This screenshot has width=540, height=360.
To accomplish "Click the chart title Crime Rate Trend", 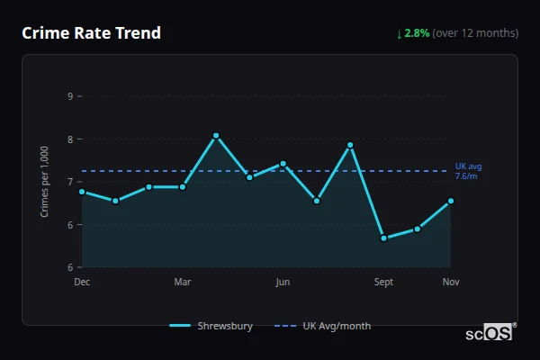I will (x=91, y=33).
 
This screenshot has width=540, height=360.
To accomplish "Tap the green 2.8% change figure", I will (x=418, y=33).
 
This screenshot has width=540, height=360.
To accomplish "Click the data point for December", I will (x=82, y=191).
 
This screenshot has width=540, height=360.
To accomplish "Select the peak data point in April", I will (x=216, y=135).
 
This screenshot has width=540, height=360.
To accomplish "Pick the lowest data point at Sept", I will (x=383, y=238).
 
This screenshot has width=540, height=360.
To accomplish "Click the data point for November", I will (x=451, y=201).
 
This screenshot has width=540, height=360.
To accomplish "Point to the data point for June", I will (x=283, y=164).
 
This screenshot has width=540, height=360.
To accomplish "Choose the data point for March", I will (x=183, y=187).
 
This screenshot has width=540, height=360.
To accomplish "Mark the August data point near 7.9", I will (x=350, y=145).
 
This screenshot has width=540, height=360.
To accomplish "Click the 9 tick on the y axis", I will (x=70, y=96).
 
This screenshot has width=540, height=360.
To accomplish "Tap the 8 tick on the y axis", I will (x=70, y=139).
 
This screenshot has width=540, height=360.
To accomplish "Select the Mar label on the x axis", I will (x=183, y=282).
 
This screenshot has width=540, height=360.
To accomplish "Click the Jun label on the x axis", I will (x=283, y=282).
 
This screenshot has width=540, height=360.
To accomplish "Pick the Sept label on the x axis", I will (x=383, y=282).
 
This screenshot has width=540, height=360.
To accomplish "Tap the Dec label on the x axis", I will (x=82, y=282).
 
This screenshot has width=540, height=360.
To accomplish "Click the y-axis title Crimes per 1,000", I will (x=45, y=183).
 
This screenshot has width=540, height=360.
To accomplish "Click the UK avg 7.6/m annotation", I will (x=468, y=171).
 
